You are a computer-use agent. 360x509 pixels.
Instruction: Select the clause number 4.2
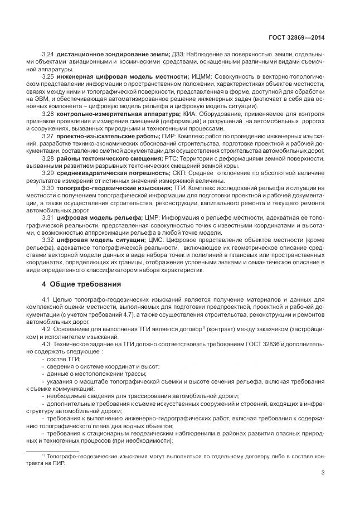[x=47, y=328]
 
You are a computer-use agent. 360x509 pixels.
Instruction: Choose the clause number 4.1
[x=47, y=299]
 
